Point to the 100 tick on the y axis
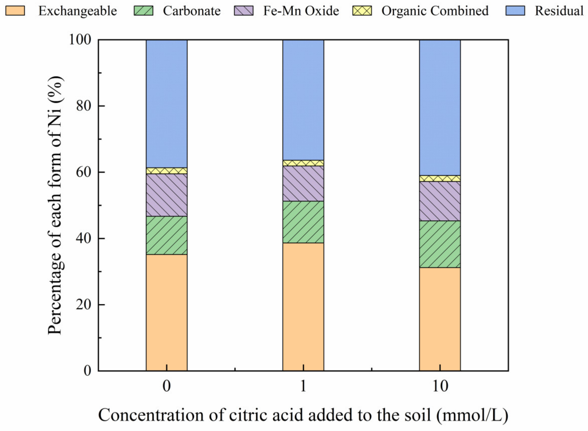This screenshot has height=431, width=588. point(80,40)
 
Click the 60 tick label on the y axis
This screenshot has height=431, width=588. point(83,173)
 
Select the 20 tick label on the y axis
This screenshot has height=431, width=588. point(83,305)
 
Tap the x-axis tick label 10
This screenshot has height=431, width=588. point(440,386)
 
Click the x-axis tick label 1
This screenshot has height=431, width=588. point(303,386)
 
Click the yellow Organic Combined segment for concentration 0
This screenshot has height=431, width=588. point(167,171)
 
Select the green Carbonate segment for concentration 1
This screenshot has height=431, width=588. point(303,222)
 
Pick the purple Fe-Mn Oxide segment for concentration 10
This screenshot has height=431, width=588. point(440,201)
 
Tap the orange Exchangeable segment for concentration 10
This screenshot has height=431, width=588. point(440,319)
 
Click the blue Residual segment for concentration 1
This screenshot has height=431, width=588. point(303,100)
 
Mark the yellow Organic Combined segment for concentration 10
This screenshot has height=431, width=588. point(440,178)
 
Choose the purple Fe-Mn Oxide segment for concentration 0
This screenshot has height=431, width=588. point(167,195)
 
